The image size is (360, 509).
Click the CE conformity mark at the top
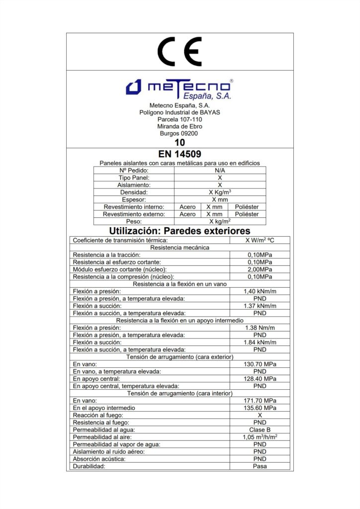coord(180,51)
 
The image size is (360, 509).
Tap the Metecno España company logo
coord(180,88)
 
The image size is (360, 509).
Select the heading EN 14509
coord(180,155)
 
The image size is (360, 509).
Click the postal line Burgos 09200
coord(179,133)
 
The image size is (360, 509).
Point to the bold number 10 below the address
coord(180,143)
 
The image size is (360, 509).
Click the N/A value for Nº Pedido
coord(220,170)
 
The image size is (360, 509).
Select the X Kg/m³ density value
coord(220,192)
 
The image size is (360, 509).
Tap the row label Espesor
coord(134,199)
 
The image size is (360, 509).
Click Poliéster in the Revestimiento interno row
coord(247,207)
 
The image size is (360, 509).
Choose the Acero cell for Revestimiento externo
coord(187,214)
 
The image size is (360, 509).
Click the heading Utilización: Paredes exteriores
coord(180,231)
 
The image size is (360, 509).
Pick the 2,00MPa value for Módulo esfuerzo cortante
coord(260,269)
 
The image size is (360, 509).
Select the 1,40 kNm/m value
coord(260,291)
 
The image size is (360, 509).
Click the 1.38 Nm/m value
coord(260,328)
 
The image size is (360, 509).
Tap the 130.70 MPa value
coord(260,364)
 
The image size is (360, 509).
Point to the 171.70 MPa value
coord(260,401)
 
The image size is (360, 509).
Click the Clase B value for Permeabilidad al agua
coord(260,429)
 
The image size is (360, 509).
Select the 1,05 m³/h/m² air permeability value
coord(260,437)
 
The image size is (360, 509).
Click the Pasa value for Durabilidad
coord(260,466)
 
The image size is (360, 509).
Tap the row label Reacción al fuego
coord(98,415)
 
